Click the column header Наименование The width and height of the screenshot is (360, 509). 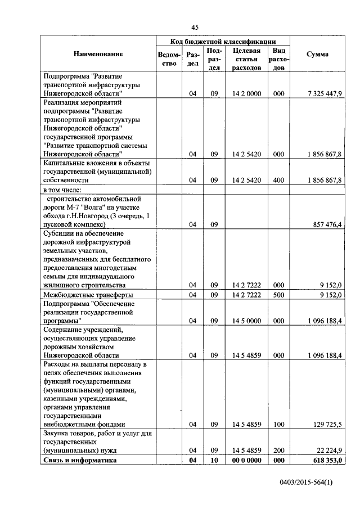point(97,54)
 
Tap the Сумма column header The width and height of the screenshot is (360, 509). point(318,54)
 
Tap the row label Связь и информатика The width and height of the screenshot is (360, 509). point(79,460)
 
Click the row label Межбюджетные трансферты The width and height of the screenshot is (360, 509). point(88,294)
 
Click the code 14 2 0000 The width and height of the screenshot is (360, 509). point(246,93)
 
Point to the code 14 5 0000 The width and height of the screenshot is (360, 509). point(246,321)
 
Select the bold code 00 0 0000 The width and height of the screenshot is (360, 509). point(246,460)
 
